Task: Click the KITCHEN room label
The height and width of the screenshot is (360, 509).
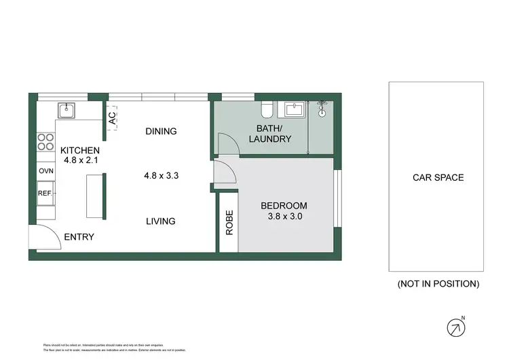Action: [x=80, y=151]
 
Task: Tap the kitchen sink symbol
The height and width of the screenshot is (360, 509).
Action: [x=67, y=110]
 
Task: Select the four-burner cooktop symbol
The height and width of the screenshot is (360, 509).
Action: [x=45, y=141]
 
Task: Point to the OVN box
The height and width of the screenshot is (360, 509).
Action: [x=45, y=171]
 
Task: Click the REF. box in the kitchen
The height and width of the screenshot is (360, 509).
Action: [x=45, y=194]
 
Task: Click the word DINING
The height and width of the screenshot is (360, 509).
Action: [x=161, y=131]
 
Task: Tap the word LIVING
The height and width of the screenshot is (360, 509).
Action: [x=160, y=221]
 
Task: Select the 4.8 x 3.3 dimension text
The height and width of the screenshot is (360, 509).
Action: [x=161, y=175]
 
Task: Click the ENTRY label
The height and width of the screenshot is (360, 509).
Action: [x=79, y=237]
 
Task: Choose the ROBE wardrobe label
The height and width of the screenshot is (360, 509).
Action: [x=229, y=223]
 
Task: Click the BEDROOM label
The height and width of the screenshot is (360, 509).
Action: [x=284, y=206]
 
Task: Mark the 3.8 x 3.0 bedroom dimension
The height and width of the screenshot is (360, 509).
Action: [x=284, y=217]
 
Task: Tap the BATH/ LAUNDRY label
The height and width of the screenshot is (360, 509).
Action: [x=274, y=134]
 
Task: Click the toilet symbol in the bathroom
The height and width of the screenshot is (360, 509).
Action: [x=267, y=109]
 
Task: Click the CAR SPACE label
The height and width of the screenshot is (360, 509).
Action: [x=438, y=178]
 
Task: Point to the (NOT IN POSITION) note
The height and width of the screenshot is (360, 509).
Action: [x=438, y=284]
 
